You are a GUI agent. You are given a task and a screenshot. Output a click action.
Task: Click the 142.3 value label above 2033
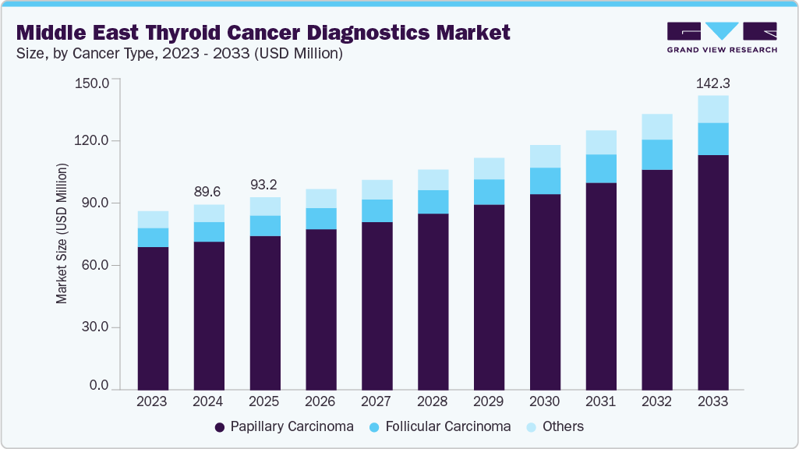point(712,83)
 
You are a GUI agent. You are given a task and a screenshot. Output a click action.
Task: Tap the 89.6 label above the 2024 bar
point(209,193)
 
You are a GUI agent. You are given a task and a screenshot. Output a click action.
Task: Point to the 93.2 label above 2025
point(265,185)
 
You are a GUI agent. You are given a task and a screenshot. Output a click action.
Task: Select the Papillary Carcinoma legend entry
point(284,426)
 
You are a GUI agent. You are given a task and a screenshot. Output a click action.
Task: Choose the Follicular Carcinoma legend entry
point(440,426)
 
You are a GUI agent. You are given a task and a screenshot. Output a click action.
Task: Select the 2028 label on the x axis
point(433,401)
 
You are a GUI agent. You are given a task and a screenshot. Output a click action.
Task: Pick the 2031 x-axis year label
point(600,401)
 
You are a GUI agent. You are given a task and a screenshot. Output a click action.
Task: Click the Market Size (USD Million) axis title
point(62,234)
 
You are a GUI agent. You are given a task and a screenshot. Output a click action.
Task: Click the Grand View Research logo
point(722,37)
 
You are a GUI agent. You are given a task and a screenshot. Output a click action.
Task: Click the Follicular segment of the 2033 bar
point(712,139)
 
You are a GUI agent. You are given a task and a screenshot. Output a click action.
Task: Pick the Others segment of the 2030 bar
point(545,156)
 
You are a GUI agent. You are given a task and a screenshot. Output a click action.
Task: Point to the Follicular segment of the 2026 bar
point(320,218)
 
